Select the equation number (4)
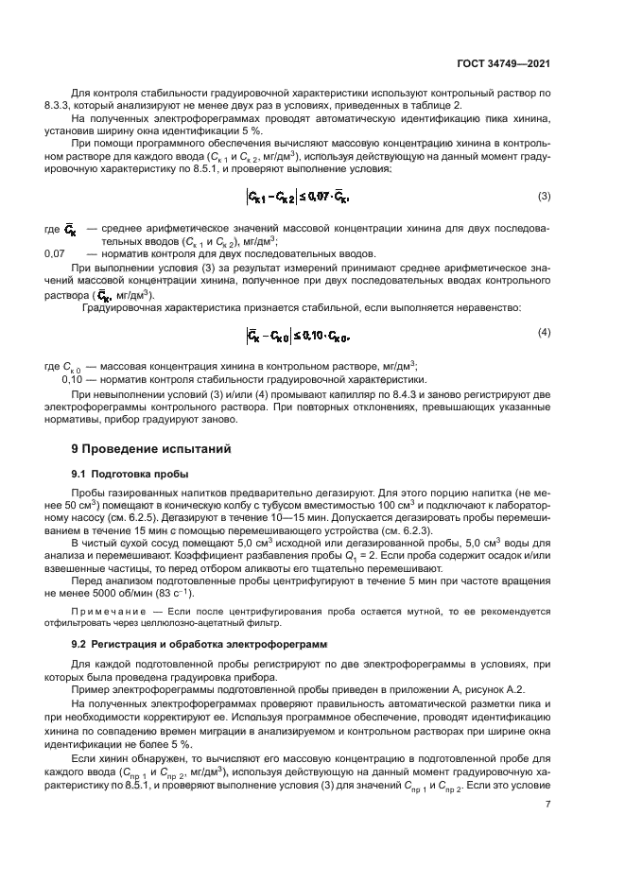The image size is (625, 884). pyautogui.click(x=544, y=332)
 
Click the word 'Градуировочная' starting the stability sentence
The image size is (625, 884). pyautogui.click(x=126, y=307)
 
